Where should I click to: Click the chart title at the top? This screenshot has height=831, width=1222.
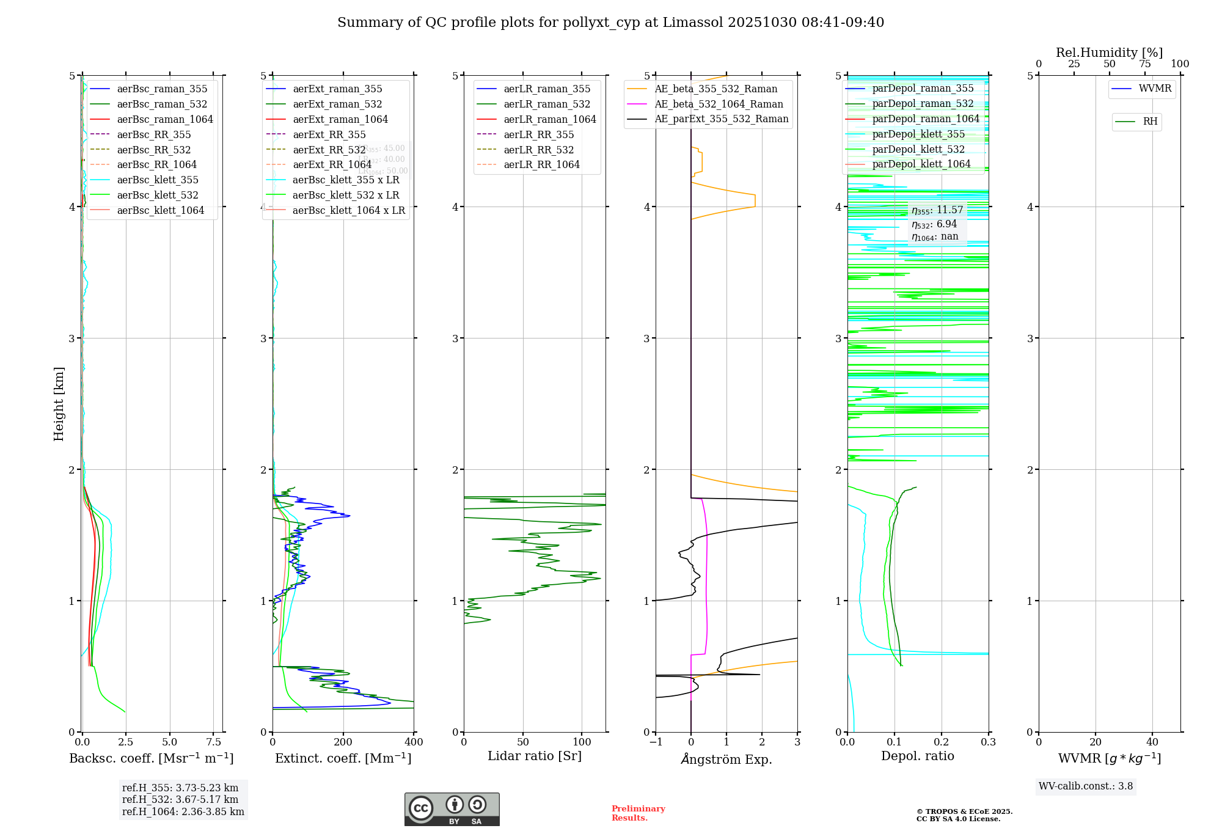[x=610, y=23]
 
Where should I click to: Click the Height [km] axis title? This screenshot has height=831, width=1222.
[x=59, y=404]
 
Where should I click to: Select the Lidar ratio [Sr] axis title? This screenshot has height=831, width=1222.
[x=535, y=756]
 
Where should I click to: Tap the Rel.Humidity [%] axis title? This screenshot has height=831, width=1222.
[x=1109, y=53]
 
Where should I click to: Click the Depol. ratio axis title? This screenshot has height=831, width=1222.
[x=917, y=756]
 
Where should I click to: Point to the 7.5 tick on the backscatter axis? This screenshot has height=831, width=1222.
[x=213, y=742]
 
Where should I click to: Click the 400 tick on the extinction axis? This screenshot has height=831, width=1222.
[x=414, y=742]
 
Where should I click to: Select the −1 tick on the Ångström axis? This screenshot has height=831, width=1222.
[x=655, y=742]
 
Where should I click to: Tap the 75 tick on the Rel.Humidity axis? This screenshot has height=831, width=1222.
[x=1144, y=64]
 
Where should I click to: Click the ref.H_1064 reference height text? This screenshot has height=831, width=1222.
[x=183, y=812]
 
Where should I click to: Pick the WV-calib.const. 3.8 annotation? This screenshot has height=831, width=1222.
[x=1085, y=786]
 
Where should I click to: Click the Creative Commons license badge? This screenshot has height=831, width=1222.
[x=452, y=810]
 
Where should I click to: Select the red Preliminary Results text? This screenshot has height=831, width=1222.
[x=638, y=813]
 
